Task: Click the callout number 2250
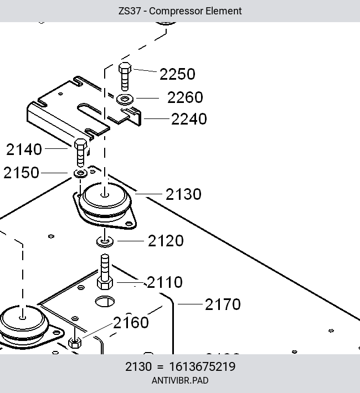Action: [x=177, y=74]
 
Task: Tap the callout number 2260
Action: [x=185, y=97]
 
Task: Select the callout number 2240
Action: [x=189, y=119]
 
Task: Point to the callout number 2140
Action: [x=24, y=149]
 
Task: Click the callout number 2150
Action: [x=22, y=173]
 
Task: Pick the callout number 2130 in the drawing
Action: [x=183, y=194]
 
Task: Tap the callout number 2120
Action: [x=166, y=241]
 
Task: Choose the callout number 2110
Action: [x=164, y=282]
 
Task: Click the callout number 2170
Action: [x=223, y=304]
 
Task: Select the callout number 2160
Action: [x=131, y=323]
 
